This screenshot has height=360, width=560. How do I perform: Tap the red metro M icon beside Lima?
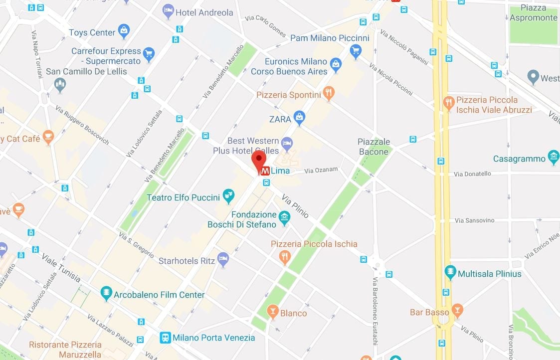(266, 171)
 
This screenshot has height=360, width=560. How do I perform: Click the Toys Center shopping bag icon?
(124, 31)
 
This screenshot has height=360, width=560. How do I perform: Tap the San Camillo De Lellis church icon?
(60, 84)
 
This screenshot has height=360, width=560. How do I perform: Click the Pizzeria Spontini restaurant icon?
(328, 93)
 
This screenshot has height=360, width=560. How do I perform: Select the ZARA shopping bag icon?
(299, 118)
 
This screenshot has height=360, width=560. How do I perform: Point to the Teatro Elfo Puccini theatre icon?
(228, 196)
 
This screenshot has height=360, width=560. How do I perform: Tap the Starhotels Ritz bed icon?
(223, 259)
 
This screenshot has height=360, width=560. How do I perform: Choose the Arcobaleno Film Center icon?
(106, 293)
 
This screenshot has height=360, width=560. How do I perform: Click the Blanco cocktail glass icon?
(272, 312)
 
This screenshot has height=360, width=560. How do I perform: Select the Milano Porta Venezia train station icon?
(165, 338)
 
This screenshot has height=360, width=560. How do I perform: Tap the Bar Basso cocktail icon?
(457, 311)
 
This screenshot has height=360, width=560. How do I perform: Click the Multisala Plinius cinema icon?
(450, 272)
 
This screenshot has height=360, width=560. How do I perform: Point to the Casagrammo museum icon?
(554, 158)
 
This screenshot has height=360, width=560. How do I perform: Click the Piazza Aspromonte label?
(533, 13)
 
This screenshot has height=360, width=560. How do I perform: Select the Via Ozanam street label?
(321, 171)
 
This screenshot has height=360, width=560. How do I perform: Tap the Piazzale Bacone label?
(373, 147)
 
